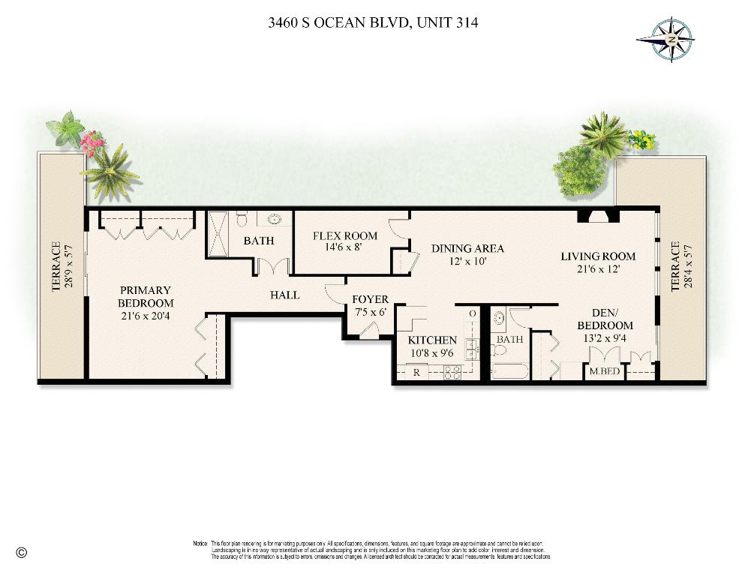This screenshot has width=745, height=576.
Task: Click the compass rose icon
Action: pos(665,38)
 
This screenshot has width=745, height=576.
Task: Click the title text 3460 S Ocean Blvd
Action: pos(372,22)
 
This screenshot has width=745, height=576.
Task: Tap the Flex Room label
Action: pos(344,236)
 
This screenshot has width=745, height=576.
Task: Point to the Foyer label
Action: pos(370,300)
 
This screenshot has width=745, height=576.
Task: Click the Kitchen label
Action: pos(432,340)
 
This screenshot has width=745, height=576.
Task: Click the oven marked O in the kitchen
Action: pos(472,313)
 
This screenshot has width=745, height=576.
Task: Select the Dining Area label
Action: pos(467,249)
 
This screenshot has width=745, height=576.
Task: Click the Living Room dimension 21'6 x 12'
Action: pos(598,268)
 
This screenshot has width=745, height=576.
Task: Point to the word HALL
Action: pos(284,295)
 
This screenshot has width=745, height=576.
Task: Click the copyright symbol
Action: pos(21,553)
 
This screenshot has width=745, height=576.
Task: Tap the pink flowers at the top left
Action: pos(93,142)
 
